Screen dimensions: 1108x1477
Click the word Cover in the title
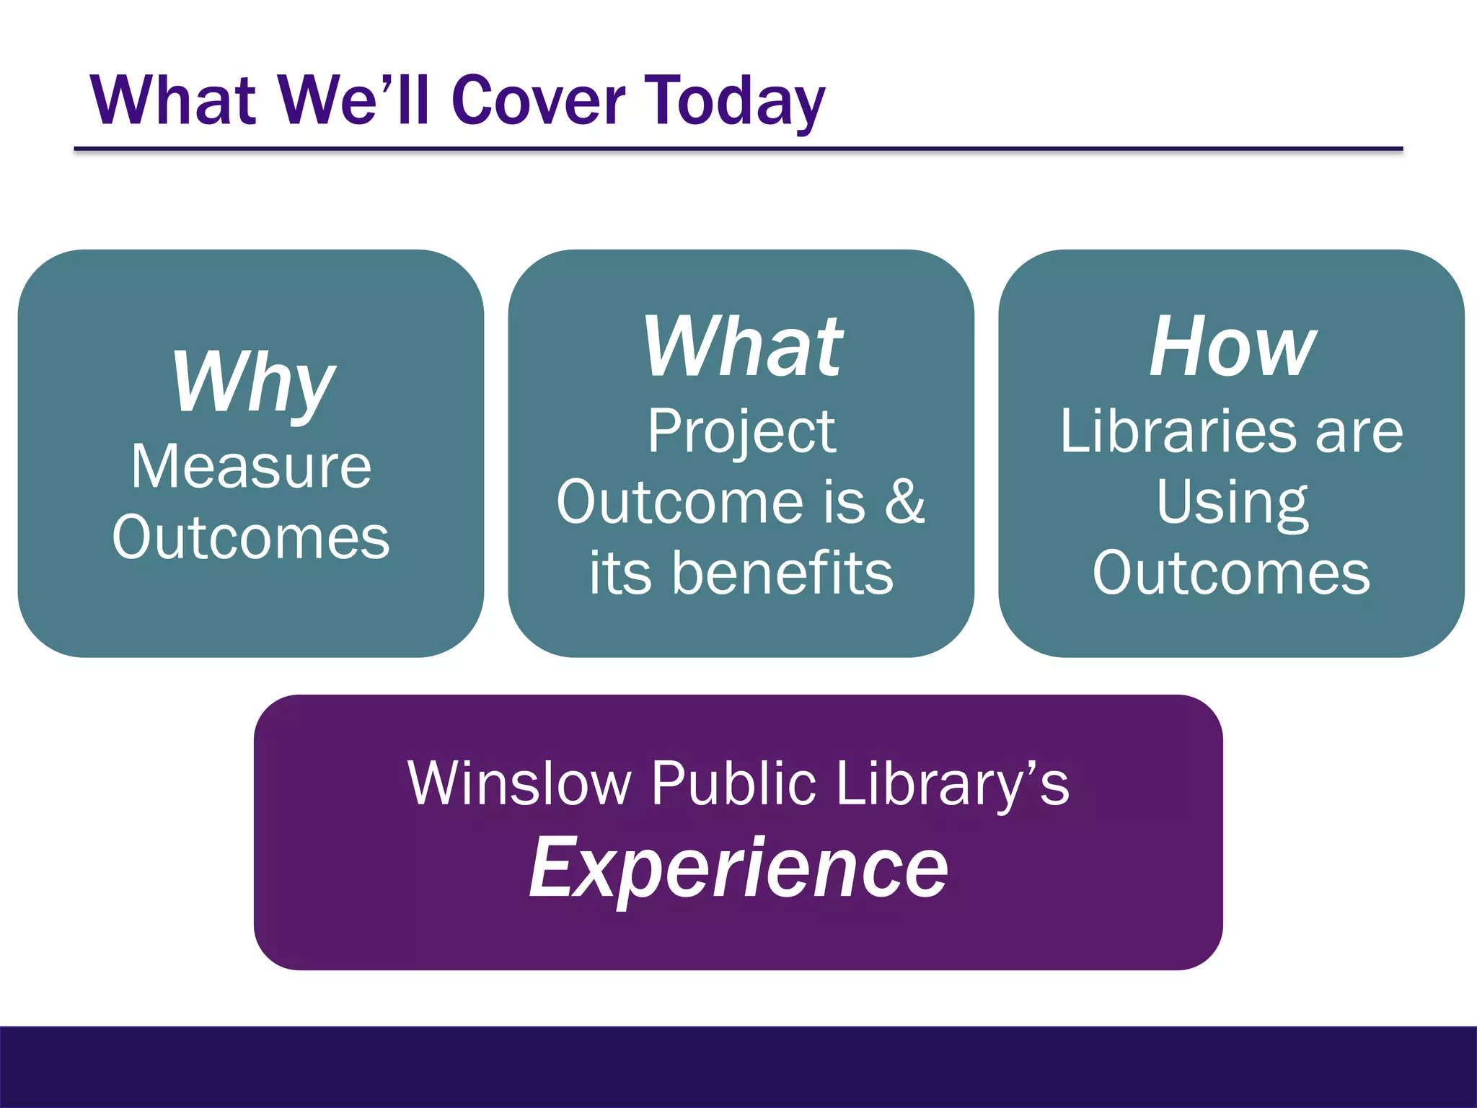[538, 101]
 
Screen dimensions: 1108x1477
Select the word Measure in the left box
[251, 467]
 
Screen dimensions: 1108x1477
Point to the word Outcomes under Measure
[251, 537]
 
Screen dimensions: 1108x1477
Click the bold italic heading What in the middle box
[743, 348]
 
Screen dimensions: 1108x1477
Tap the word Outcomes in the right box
[1232, 573]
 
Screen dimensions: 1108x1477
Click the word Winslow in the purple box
[519, 784]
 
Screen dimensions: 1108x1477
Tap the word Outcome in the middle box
[680, 502]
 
